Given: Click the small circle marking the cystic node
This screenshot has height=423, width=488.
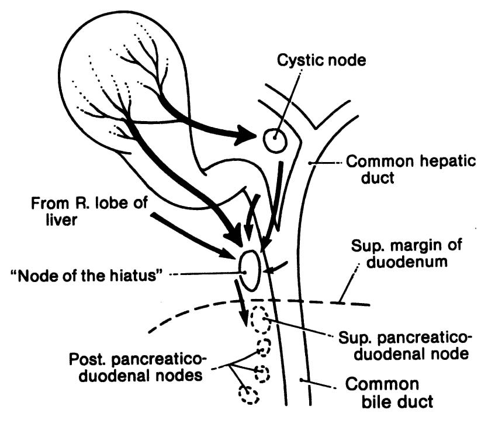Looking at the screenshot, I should [x=274, y=140].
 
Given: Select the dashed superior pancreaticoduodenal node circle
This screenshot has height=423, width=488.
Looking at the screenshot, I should [x=258, y=320].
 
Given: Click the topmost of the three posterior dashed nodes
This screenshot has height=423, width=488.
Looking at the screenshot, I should [x=265, y=347].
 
